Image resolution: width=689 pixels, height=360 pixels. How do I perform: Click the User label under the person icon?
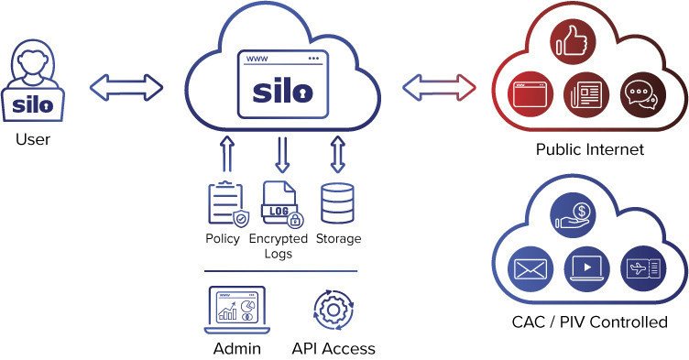click(x=32, y=140)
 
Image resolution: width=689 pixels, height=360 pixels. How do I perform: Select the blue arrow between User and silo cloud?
click(x=126, y=87)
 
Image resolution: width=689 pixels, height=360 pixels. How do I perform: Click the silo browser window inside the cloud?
click(x=283, y=86)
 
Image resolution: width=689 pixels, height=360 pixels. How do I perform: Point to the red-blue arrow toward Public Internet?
click(x=439, y=87)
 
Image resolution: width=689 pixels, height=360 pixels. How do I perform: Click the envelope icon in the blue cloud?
click(x=529, y=269)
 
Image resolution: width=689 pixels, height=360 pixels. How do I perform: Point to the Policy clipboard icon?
click(x=226, y=205)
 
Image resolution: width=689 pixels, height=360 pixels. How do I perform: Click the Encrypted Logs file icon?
click(x=281, y=205)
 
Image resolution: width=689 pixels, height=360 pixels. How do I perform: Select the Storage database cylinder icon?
click(x=337, y=205)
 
